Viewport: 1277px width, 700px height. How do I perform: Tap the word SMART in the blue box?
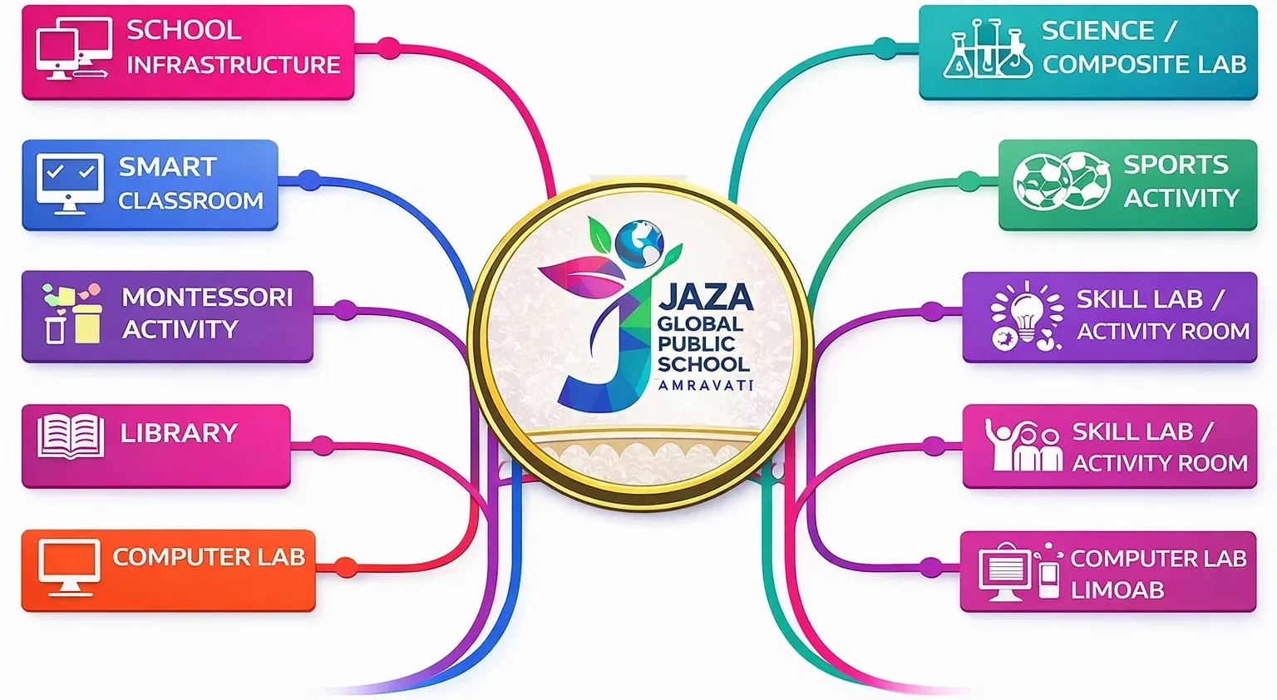coord(168,167)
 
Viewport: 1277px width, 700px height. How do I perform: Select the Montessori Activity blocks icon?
coord(72,315)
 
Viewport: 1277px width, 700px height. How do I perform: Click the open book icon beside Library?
coord(71,436)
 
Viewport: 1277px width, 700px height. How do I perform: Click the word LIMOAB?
coord(1117,590)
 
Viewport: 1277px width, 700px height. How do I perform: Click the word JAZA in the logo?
coord(706,297)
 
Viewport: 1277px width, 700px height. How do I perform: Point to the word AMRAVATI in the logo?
coord(705,385)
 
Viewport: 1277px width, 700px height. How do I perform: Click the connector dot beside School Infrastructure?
coord(388,47)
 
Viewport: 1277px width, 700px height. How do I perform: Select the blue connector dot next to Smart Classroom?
coord(309,180)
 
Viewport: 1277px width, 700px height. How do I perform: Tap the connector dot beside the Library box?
coord(323,446)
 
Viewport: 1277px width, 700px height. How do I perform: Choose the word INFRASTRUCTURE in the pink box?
coord(233,65)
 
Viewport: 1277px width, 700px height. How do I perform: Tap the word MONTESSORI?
coord(207,297)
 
